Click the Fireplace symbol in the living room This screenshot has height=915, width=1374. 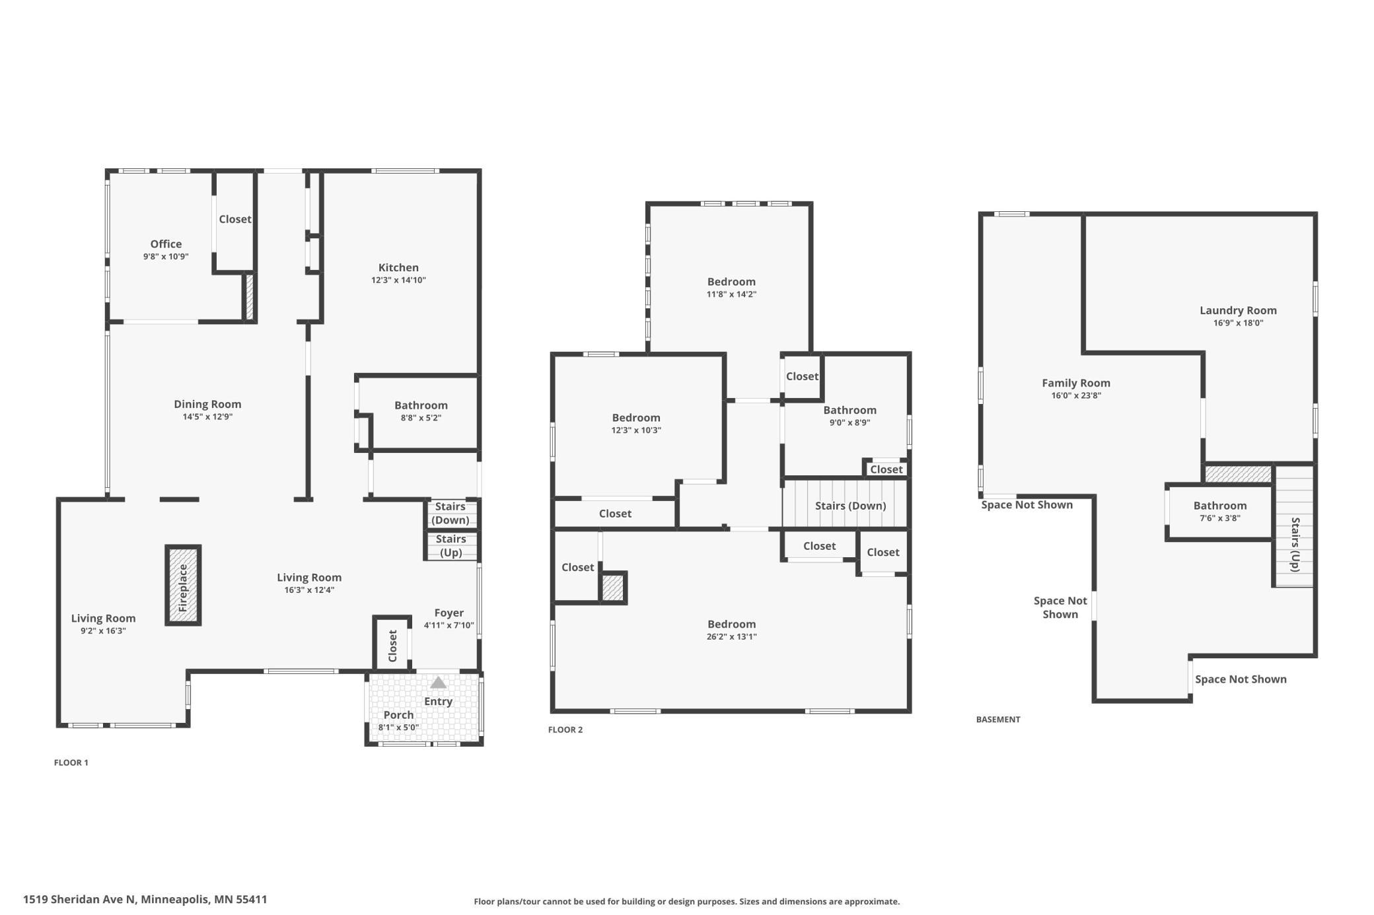(x=183, y=585)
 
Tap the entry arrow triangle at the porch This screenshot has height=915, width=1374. (x=438, y=683)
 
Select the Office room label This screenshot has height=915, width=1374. (x=166, y=244)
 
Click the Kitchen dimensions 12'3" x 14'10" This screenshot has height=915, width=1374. (x=398, y=280)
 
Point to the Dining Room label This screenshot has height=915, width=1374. (x=207, y=404)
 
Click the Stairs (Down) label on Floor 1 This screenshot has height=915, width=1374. (x=451, y=513)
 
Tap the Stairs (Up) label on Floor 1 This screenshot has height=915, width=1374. (x=451, y=545)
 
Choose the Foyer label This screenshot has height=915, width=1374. (x=449, y=613)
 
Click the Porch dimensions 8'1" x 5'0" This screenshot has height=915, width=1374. (x=398, y=728)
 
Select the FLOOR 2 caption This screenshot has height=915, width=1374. (x=565, y=729)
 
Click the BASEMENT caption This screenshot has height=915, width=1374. (x=998, y=720)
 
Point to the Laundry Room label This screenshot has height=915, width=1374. (x=1238, y=310)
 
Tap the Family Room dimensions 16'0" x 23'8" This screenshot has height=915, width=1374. (x=1076, y=395)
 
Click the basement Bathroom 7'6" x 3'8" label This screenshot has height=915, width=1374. (x=1220, y=511)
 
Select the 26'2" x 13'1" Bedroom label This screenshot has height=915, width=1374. (x=731, y=630)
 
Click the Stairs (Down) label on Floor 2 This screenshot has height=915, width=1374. (x=850, y=506)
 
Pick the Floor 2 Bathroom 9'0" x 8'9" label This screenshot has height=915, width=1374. (x=850, y=416)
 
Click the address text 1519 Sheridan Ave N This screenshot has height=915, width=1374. (x=79, y=899)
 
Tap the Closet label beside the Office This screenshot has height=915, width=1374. (x=235, y=219)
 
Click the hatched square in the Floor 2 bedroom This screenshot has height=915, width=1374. (x=612, y=588)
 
